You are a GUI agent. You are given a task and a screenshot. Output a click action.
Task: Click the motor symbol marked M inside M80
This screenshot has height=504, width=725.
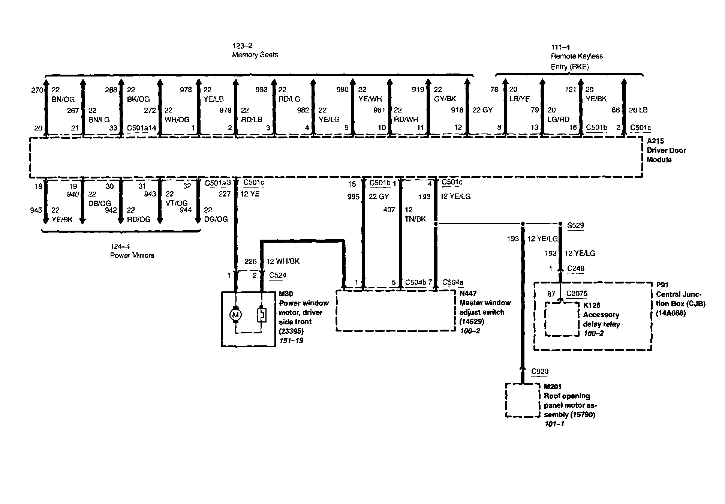click(x=235, y=315)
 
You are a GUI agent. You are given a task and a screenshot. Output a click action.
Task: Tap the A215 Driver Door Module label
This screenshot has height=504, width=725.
click(x=666, y=150)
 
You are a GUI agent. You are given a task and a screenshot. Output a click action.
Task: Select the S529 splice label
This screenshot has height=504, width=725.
click(x=575, y=225)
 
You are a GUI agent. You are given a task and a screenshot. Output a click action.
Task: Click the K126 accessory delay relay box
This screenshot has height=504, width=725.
click(x=562, y=318)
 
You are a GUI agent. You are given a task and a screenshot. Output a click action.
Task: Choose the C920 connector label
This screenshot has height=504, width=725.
click(x=540, y=372)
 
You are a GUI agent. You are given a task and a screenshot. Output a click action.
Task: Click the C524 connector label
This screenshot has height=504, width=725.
click(x=277, y=275)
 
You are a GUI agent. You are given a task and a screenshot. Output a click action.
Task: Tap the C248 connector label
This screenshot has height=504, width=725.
click(x=575, y=268)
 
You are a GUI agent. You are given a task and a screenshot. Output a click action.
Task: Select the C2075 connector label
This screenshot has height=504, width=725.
click(x=577, y=294)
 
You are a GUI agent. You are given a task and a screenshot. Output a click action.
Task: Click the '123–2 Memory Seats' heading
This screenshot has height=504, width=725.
click(x=255, y=51)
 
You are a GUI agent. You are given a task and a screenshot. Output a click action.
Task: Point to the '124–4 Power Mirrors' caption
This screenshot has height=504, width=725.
click(x=132, y=251)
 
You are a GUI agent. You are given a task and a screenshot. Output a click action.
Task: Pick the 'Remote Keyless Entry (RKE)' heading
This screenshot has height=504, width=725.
click(x=577, y=61)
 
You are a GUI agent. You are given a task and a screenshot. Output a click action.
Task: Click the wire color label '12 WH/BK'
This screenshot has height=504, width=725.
click(x=283, y=261)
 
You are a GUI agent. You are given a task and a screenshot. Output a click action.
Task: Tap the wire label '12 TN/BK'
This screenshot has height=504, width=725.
click(x=415, y=214)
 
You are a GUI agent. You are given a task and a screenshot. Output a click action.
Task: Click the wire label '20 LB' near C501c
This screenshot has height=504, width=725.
click(x=638, y=110)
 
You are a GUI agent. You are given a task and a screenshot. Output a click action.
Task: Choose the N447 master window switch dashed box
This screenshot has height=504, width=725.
click(x=396, y=310)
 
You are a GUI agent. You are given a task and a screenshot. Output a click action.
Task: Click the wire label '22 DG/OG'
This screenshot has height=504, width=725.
click(x=216, y=215)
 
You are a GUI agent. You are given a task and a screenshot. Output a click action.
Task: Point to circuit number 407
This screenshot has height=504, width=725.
click(x=389, y=210)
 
